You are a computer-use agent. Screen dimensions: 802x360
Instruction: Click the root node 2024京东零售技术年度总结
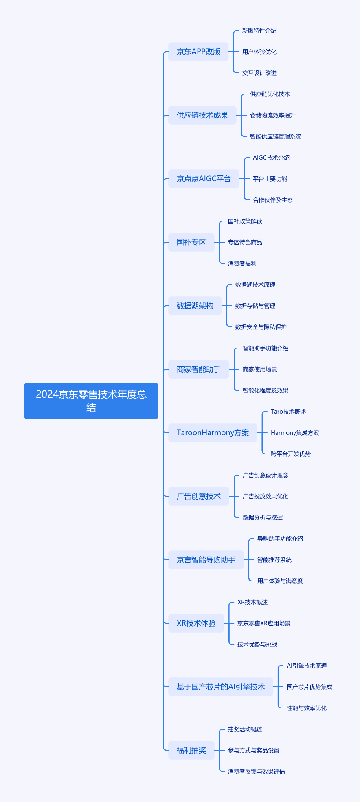91,401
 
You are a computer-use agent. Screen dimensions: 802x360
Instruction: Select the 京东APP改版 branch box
198,52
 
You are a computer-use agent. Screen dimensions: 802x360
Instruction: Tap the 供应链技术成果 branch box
202,115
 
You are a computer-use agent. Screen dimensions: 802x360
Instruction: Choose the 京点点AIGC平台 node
204,179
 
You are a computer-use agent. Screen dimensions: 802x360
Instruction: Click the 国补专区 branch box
191,242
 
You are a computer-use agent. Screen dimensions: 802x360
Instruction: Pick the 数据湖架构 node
195,306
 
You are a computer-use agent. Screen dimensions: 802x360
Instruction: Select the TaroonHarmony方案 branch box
213,433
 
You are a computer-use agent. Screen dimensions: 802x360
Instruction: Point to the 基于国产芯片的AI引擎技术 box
220,687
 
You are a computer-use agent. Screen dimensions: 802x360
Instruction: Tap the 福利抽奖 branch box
191,750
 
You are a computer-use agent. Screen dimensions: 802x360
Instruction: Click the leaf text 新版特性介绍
259,31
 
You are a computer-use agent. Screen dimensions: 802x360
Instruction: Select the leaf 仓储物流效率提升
272,115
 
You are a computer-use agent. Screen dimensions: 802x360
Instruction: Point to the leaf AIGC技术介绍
271,158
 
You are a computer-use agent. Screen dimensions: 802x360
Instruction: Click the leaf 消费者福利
242,263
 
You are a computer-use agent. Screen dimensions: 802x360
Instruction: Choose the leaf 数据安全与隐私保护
261,327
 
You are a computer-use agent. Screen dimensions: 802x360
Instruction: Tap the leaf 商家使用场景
259,369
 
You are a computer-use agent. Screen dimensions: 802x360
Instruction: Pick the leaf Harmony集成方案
294,433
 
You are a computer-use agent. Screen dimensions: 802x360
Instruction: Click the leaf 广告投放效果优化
265,496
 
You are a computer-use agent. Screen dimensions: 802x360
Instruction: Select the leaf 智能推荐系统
274,560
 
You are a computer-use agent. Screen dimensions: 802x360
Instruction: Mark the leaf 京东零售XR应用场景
263,623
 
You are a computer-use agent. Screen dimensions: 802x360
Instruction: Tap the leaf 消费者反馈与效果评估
256,771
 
